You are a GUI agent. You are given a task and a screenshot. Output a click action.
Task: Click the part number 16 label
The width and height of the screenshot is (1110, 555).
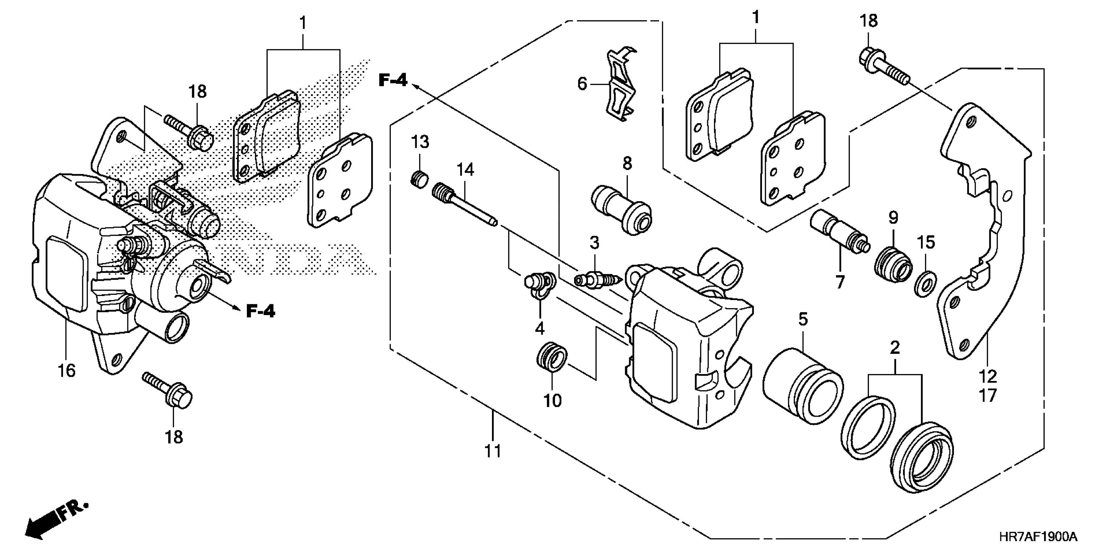[67, 370]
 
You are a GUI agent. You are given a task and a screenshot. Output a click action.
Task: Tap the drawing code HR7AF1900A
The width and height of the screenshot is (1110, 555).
[1038, 537]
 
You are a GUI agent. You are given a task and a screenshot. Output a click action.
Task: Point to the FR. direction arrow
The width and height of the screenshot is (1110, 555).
[56, 522]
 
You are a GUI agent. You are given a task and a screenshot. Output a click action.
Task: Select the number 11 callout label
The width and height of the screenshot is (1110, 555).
[493, 451]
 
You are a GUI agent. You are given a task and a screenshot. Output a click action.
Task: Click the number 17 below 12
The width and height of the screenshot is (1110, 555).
[988, 395]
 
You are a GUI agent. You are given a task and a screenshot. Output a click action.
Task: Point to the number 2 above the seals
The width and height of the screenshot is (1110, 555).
[895, 347]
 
